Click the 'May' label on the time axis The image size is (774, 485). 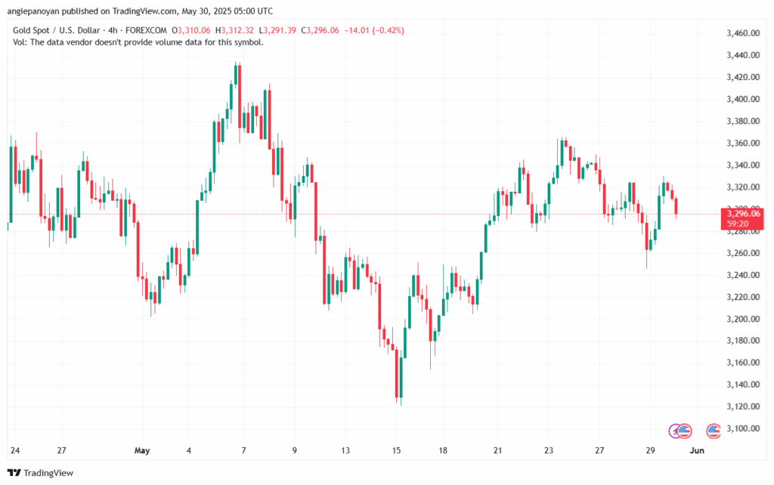coord(141,451)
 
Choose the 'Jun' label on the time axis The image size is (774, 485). coord(697,451)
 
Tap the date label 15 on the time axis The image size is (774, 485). coord(396,451)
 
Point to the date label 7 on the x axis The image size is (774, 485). coord(243,451)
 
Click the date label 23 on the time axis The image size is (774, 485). coord(550,451)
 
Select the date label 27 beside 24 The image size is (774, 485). coord(63,451)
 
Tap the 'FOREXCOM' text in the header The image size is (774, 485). coord(147,30)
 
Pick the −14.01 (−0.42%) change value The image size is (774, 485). coord(374,30)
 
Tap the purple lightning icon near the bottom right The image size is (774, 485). coord(675,431)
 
